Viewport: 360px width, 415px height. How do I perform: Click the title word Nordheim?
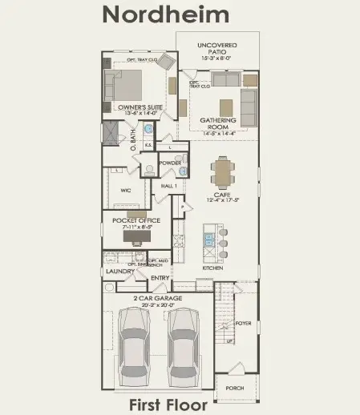166,15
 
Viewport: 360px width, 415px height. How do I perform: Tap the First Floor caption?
168,405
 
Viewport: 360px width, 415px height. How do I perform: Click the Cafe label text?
221,194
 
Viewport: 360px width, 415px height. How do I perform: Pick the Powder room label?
170,163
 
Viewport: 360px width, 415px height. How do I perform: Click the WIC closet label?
125,190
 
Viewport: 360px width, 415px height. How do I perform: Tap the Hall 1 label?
168,186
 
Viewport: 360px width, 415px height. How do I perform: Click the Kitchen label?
212,268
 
